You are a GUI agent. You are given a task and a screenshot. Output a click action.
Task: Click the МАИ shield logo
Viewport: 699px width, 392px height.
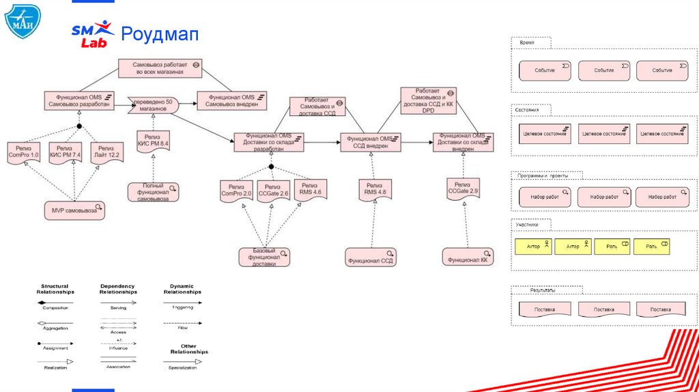click(x=23, y=21)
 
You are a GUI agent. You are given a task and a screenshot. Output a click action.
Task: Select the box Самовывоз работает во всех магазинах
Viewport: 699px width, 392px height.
click(x=159, y=68)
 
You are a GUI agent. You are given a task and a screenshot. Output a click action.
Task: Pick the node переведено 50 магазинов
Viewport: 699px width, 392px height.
click(x=154, y=104)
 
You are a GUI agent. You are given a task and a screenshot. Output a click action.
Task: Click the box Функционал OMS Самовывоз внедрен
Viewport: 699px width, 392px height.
click(x=231, y=100)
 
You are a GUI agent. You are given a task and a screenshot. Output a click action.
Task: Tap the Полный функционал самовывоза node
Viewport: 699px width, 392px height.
click(x=153, y=192)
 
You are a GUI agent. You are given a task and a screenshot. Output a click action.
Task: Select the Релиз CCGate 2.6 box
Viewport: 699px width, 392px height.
click(x=272, y=190)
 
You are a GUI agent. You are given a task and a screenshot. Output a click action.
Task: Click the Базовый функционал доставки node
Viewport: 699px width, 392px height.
click(x=264, y=257)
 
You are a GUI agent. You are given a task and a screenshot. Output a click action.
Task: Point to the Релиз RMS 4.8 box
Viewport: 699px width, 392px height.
click(x=375, y=188)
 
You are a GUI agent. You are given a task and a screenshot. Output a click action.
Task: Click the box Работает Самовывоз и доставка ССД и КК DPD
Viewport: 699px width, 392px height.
click(x=428, y=100)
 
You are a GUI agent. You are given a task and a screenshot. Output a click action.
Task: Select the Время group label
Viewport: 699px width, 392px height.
click(x=527, y=42)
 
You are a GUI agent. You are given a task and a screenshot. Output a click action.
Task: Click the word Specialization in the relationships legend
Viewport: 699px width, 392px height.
click(x=182, y=368)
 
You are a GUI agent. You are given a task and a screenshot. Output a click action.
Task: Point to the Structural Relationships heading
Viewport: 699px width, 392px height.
click(x=55, y=288)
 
